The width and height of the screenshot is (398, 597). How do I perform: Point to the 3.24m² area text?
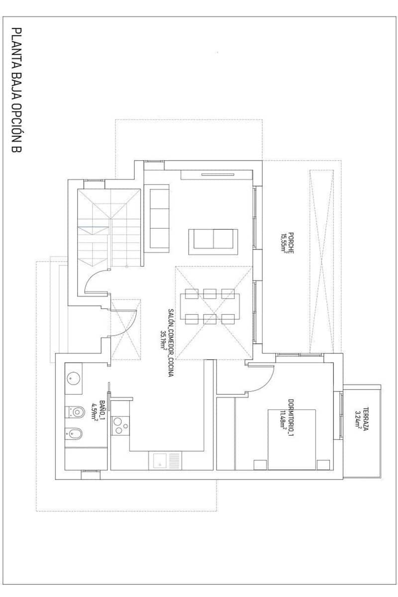click(x=359, y=419)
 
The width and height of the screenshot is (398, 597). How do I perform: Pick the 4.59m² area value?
click(x=95, y=409)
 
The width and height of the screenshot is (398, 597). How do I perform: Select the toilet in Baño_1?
click(x=76, y=412)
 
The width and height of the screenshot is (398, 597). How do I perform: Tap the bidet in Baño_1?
click(x=75, y=435)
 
